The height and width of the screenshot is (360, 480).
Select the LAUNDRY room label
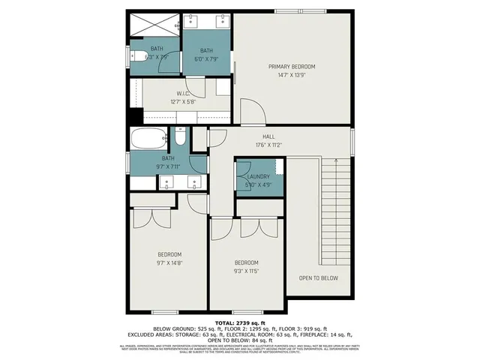pos(258,177)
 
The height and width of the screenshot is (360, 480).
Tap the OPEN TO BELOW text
pos(318,278)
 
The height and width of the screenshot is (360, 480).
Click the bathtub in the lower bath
pos(149,138)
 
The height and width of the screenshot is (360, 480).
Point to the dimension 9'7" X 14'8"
pos(169,262)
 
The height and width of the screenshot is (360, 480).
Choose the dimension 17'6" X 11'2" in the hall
pos(268,145)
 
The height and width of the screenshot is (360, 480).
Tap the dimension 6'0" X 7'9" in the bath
pos(206,58)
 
